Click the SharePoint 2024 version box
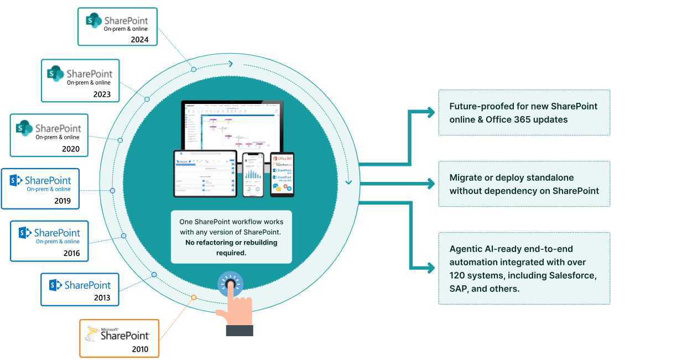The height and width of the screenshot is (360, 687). pos(117,27)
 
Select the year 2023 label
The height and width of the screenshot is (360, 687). pos(102,95)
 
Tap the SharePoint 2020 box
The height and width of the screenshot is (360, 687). pos(49,135)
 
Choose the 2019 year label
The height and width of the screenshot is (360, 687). pos(63,201)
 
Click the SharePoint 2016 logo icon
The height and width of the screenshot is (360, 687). pos(24,233)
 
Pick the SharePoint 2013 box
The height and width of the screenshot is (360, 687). pos(80,289)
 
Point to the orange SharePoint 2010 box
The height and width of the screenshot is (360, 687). pos(119,338)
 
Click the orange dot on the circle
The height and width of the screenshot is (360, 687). pos(194,298)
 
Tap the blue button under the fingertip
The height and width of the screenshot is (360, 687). pos(230,284)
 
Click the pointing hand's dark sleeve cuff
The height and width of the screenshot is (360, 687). pos(240,330)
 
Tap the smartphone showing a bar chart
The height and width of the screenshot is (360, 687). pos(254,174)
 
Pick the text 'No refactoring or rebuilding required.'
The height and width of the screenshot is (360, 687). pos(231,247)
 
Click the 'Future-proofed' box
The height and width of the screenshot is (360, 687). pos(524,112)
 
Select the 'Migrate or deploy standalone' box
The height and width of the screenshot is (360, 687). pos(524,184)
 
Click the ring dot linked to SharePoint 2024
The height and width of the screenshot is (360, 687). pos(194,69)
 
